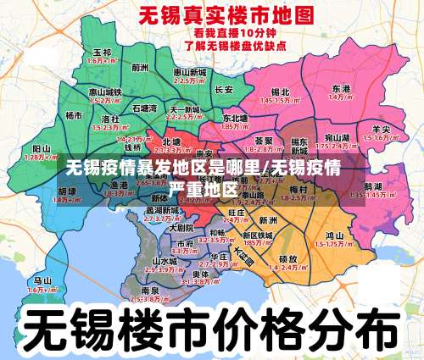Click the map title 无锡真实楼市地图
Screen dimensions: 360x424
213,16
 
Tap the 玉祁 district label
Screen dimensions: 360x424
101,53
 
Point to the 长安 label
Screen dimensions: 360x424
224,89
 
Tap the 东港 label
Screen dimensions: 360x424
342,88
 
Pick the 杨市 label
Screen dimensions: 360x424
75,114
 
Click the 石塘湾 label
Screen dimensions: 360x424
145,108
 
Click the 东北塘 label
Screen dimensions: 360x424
235,118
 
